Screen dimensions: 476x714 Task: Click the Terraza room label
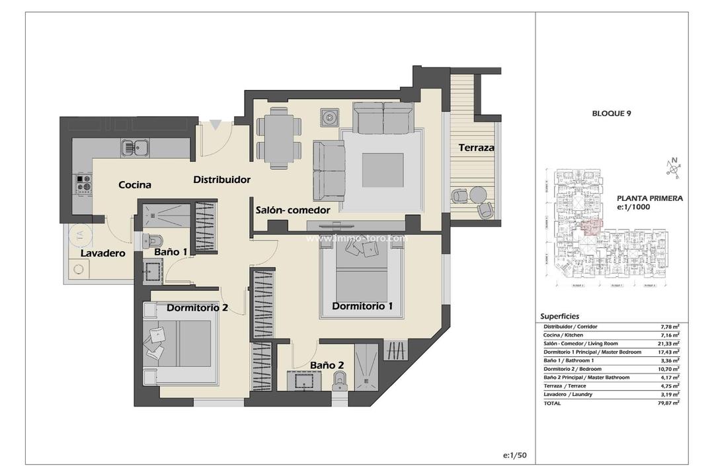(x=476, y=148)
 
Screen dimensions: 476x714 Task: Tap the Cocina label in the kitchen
(x=135, y=185)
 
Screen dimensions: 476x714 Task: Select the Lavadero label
(x=102, y=253)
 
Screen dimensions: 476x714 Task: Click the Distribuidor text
(x=221, y=179)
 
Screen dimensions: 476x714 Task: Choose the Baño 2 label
(x=327, y=364)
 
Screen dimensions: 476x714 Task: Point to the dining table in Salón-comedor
(x=278, y=138)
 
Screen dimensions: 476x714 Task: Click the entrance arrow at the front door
(x=215, y=124)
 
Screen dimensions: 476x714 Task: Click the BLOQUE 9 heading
(x=611, y=114)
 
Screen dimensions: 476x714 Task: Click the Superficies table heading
(x=559, y=316)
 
